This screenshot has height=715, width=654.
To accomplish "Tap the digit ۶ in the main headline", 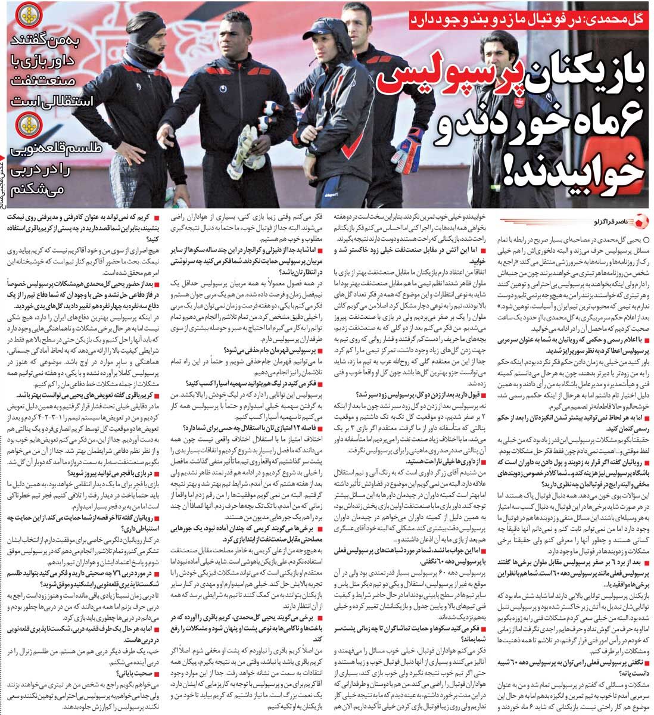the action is (625, 123).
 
